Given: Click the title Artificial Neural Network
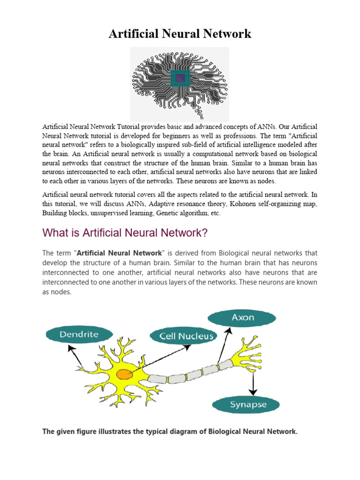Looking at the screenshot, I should [180, 34].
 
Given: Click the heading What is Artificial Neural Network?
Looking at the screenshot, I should [125, 232].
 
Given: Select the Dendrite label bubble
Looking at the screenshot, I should [79, 335].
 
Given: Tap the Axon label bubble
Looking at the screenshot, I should [243, 318].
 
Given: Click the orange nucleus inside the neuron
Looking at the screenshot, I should [124, 374].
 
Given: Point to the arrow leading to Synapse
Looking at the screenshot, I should [253, 382].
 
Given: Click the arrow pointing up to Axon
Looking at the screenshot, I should [225, 344].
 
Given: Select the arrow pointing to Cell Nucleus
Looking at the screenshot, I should [159, 359].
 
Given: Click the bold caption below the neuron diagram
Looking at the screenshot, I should [170, 432].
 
